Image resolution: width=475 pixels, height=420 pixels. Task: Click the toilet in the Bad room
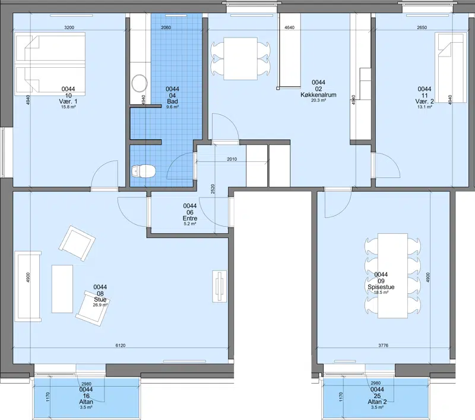click(x=144, y=171)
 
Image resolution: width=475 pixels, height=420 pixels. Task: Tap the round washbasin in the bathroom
click(x=140, y=83)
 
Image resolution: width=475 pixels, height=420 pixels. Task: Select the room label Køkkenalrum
click(x=318, y=95)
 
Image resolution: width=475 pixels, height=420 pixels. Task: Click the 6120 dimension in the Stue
click(x=121, y=345)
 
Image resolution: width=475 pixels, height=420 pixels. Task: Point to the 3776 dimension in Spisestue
click(x=383, y=345)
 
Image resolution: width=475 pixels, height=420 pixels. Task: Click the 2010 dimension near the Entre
click(x=232, y=159)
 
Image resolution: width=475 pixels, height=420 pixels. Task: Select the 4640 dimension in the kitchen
click(x=289, y=27)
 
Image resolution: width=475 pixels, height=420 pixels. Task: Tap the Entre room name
click(x=190, y=218)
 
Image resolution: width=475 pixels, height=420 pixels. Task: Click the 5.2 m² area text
click(x=190, y=224)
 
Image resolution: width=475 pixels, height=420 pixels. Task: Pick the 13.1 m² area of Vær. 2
click(x=425, y=106)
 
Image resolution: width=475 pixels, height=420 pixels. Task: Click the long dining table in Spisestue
click(x=392, y=275)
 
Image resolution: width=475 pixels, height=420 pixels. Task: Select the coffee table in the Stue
click(x=62, y=289)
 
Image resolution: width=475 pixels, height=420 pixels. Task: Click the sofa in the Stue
click(x=28, y=286)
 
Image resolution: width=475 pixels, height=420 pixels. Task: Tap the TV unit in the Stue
click(x=220, y=286)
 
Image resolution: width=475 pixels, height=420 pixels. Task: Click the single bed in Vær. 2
click(x=451, y=67)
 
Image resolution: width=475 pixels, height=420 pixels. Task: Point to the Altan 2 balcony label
click(x=377, y=402)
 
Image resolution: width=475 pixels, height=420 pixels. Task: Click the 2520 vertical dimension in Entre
click(x=213, y=189)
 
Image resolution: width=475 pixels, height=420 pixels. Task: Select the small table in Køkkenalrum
click(x=240, y=58)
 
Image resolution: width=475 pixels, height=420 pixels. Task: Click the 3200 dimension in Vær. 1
click(x=69, y=27)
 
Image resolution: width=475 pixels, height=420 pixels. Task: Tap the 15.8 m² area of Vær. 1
click(x=68, y=106)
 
